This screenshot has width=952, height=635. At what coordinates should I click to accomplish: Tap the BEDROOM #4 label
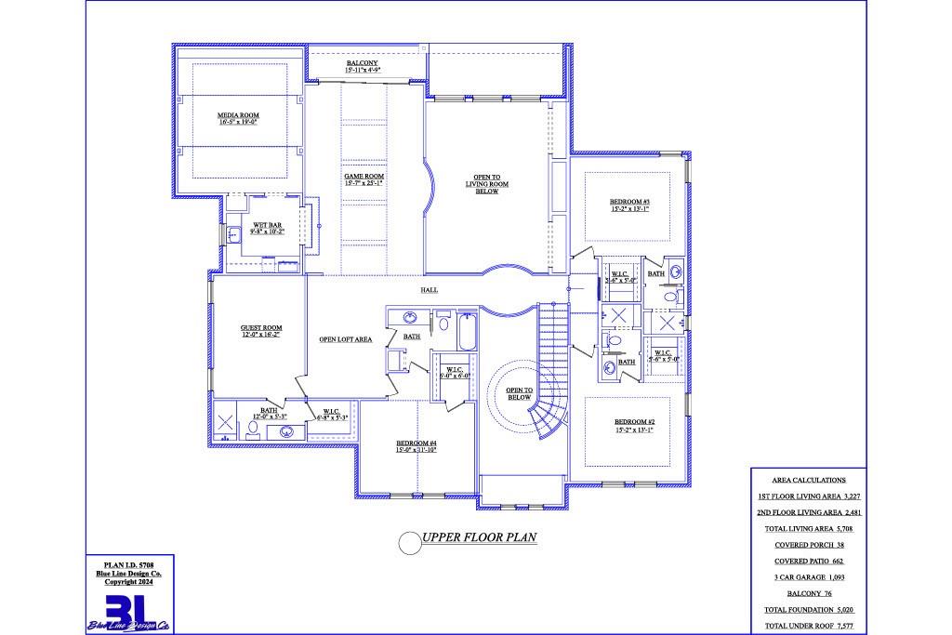pos(416,445)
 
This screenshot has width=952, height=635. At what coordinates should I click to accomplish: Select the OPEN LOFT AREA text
pos(346,339)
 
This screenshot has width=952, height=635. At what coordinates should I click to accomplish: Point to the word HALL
pos(429,290)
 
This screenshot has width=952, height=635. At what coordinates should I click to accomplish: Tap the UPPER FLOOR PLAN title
pos(479,537)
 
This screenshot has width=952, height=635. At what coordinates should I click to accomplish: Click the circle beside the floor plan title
pos(409,541)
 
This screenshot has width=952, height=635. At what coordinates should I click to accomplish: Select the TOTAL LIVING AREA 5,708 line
pos(807,528)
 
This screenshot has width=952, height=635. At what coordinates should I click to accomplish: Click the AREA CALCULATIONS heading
pos(808,481)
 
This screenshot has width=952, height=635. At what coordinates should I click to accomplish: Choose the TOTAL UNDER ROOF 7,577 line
pos(807,625)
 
